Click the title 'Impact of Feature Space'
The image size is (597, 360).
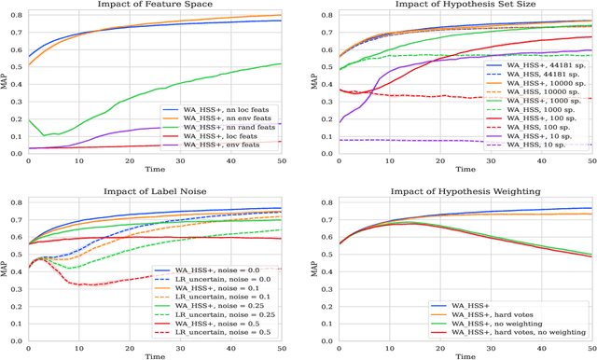click(x=154, y=6)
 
